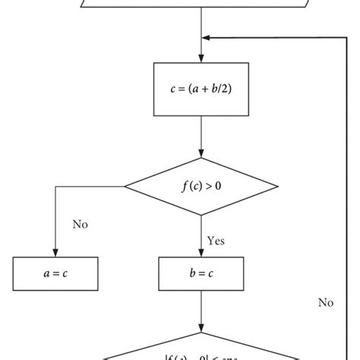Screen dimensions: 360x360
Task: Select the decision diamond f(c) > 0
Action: click(x=201, y=186)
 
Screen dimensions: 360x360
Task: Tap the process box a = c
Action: click(x=55, y=273)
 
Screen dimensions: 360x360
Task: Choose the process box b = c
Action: click(x=201, y=273)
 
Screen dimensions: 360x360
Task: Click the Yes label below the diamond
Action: click(x=215, y=241)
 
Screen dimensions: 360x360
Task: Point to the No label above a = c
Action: click(x=81, y=224)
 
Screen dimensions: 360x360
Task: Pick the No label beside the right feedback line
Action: click(x=326, y=302)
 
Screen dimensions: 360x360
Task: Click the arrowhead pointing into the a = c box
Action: click(x=55, y=253)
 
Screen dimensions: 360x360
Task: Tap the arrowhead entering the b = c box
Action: click(x=201, y=253)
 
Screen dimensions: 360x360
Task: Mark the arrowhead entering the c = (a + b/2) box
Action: click(x=201, y=58)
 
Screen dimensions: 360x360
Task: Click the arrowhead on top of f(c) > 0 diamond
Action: click(x=201, y=153)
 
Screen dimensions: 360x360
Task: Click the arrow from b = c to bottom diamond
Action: click(x=201, y=311)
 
